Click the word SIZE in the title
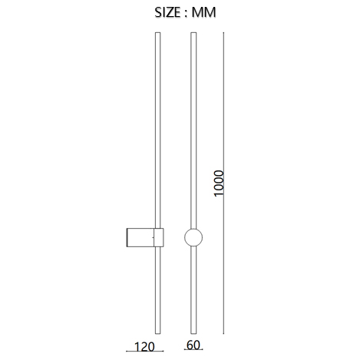(167, 12)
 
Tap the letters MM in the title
(204, 12)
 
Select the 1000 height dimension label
(219, 183)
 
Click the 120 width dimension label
(144, 347)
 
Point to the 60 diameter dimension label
(193, 345)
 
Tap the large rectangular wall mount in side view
(140, 237)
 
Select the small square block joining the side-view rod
(159, 237)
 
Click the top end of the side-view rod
(158, 32)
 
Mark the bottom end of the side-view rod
(158, 334)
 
